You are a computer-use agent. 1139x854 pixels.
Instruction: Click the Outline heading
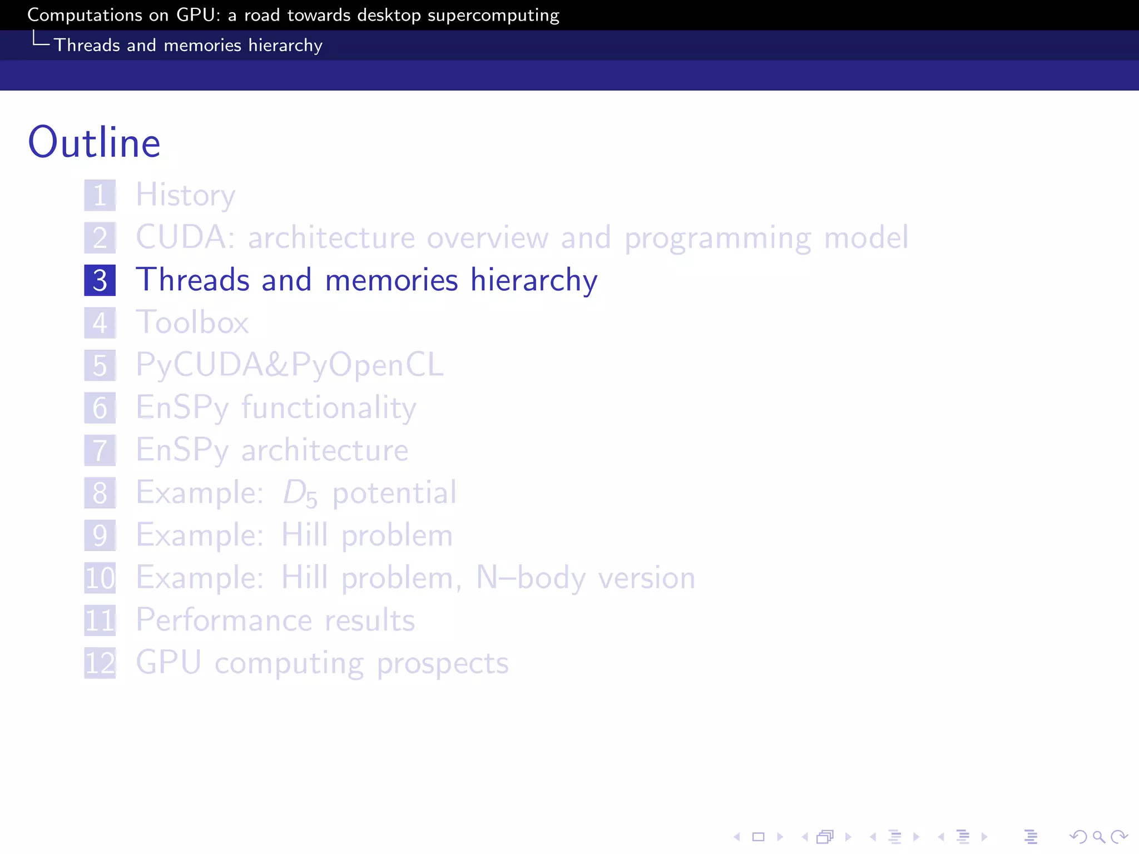(x=94, y=142)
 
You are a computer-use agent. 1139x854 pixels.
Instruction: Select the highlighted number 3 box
(x=100, y=280)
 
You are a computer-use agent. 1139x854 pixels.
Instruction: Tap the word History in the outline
(x=186, y=195)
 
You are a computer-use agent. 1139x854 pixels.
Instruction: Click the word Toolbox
(x=192, y=322)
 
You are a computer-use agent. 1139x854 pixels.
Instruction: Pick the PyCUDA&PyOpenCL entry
(x=290, y=365)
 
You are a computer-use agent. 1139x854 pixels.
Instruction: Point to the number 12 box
(x=100, y=663)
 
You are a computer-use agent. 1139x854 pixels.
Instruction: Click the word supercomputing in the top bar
(x=493, y=15)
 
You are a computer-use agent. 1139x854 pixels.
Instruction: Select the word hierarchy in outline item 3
(x=534, y=280)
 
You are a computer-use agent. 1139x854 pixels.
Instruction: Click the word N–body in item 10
(x=531, y=578)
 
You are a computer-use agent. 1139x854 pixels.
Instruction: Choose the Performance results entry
(x=275, y=620)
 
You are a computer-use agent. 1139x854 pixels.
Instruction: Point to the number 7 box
(x=100, y=450)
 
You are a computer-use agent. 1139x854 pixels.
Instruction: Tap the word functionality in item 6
(x=329, y=408)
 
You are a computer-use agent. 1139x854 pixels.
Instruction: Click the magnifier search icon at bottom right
(x=1098, y=837)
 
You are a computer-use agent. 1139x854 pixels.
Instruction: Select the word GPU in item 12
(x=169, y=663)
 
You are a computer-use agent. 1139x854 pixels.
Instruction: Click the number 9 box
(x=100, y=535)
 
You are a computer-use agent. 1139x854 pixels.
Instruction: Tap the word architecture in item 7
(x=325, y=450)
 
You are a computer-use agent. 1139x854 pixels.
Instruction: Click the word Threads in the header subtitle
(x=87, y=45)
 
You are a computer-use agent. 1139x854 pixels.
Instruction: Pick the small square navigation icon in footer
(x=758, y=837)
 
